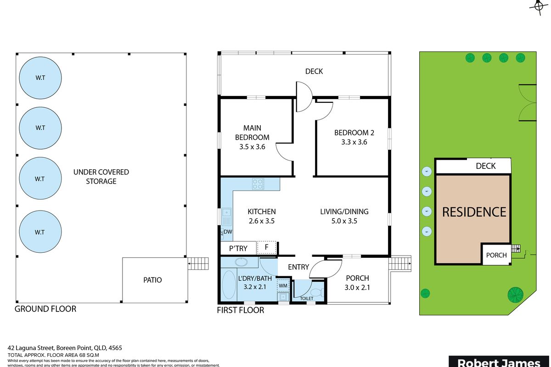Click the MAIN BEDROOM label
[x=252, y=133]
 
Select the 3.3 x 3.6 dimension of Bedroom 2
[x=354, y=142]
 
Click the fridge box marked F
[x=267, y=248]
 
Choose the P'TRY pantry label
[x=238, y=248]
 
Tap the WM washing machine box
[x=283, y=285]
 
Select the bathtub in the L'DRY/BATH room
[x=228, y=285]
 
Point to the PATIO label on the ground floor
[x=152, y=279]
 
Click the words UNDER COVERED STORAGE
[x=101, y=177]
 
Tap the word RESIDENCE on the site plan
[x=474, y=212]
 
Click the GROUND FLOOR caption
[x=45, y=309]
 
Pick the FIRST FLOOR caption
[x=240, y=310]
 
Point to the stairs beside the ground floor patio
[x=199, y=263]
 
